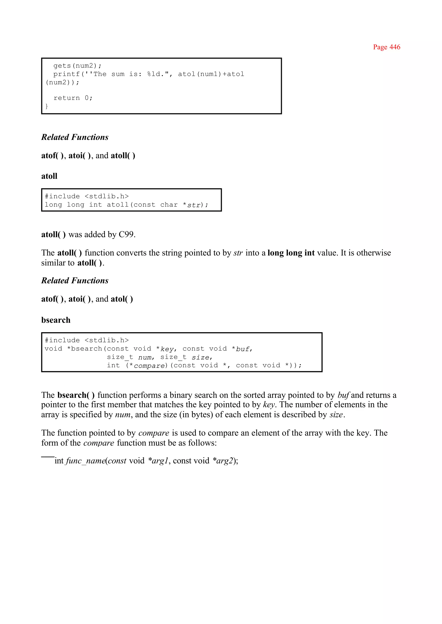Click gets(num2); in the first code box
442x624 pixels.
(x=77, y=66)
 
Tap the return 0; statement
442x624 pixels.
(x=73, y=98)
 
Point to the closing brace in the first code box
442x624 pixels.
(x=47, y=106)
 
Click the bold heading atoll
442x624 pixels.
(x=49, y=176)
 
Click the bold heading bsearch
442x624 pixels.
(x=56, y=320)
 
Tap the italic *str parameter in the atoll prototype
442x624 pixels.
(x=193, y=205)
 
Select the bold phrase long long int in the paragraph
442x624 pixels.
(x=291, y=253)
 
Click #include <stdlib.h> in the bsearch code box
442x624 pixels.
(x=87, y=340)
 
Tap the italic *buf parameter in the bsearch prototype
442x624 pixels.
(x=242, y=349)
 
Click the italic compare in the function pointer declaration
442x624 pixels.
(x=149, y=366)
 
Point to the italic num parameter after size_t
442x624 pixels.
(x=145, y=357)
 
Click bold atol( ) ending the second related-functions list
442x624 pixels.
(x=122, y=299)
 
